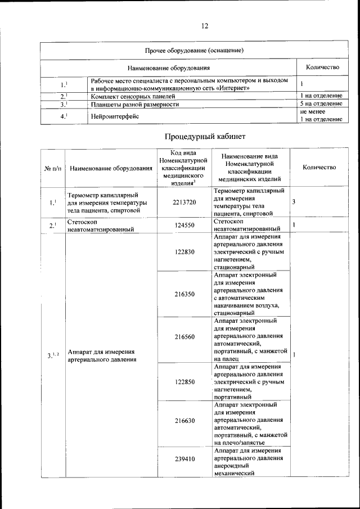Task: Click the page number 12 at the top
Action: click(205, 26)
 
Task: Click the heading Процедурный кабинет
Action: click(205, 136)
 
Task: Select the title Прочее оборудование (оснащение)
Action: click(193, 51)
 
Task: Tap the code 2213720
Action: click(184, 202)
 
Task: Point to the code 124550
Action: click(184, 226)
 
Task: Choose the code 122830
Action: click(184, 252)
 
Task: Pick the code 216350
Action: click(184, 294)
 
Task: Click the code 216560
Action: click(184, 337)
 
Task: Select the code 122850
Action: click(184, 382)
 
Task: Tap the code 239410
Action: click(184, 459)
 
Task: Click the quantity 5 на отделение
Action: click(321, 104)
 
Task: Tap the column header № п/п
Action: click(52, 168)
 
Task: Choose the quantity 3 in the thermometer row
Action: click(294, 201)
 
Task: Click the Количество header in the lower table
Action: click(319, 167)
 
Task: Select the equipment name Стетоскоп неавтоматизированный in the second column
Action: click(101, 226)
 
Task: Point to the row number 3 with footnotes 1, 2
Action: click(52, 355)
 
